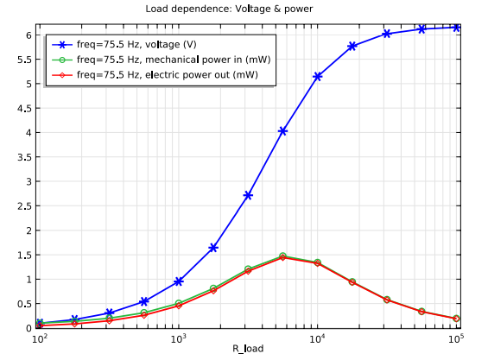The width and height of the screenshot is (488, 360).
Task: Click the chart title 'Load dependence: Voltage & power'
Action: tap(229, 9)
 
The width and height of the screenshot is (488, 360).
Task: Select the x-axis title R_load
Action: tap(248, 349)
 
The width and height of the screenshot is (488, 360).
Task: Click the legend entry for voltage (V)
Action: tap(136, 44)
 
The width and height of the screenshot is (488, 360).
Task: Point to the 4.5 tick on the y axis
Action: tap(25, 108)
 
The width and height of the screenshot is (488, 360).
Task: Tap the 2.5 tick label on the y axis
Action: tap(25, 206)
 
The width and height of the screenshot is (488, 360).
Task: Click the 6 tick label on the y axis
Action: tap(29, 35)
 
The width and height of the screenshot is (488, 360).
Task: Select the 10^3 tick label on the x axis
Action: tap(178, 338)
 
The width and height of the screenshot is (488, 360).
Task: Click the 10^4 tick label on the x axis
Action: tap(317, 338)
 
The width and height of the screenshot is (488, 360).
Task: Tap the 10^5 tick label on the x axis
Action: tap(456, 338)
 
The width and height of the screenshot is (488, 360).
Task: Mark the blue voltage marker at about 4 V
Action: tap(282, 131)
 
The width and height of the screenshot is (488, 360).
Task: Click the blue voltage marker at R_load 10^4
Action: tap(318, 76)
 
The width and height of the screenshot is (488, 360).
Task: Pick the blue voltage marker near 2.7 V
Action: tap(248, 195)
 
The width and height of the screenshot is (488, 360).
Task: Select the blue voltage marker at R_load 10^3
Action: tap(179, 281)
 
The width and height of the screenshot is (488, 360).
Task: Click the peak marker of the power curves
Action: tap(282, 256)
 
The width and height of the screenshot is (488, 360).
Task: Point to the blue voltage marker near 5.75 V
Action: tap(352, 46)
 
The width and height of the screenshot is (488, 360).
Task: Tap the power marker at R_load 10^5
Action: tap(456, 319)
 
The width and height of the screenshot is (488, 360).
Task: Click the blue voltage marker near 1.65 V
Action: tap(213, 248)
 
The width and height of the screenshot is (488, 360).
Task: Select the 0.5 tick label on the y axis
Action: tap(25, 304)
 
